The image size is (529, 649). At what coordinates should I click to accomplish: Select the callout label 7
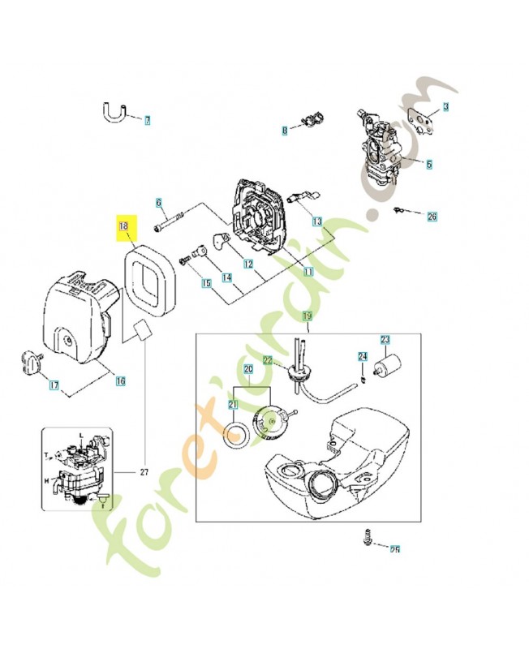pyautogui.click(x=147, y=121)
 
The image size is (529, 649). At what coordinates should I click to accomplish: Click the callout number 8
pyautogui.click(x=285, y=130)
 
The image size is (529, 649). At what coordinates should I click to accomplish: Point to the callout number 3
pyautogui.click(x=445, y=107)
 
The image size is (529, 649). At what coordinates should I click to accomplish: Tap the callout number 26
pyautogui.click(x=431, y=217)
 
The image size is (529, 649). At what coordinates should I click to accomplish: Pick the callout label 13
pyautogui.click(x=316, y=221)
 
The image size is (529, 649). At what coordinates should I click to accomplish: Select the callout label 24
pyautogui.click(x=363, y=356)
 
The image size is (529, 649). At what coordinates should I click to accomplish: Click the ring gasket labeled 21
pyautogui.click(x=236, y=436)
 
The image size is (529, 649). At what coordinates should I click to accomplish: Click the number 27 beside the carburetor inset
pyautogui.click(x=145, y=471)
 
